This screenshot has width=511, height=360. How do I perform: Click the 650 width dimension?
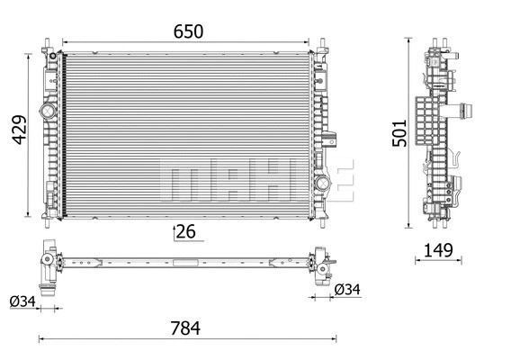coord(188,30)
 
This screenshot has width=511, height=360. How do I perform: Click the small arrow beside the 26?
coord(175,233)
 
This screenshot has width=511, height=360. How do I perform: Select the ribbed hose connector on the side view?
coord(467,114)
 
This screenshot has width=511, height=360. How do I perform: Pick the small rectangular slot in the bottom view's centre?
coord(186,264)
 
